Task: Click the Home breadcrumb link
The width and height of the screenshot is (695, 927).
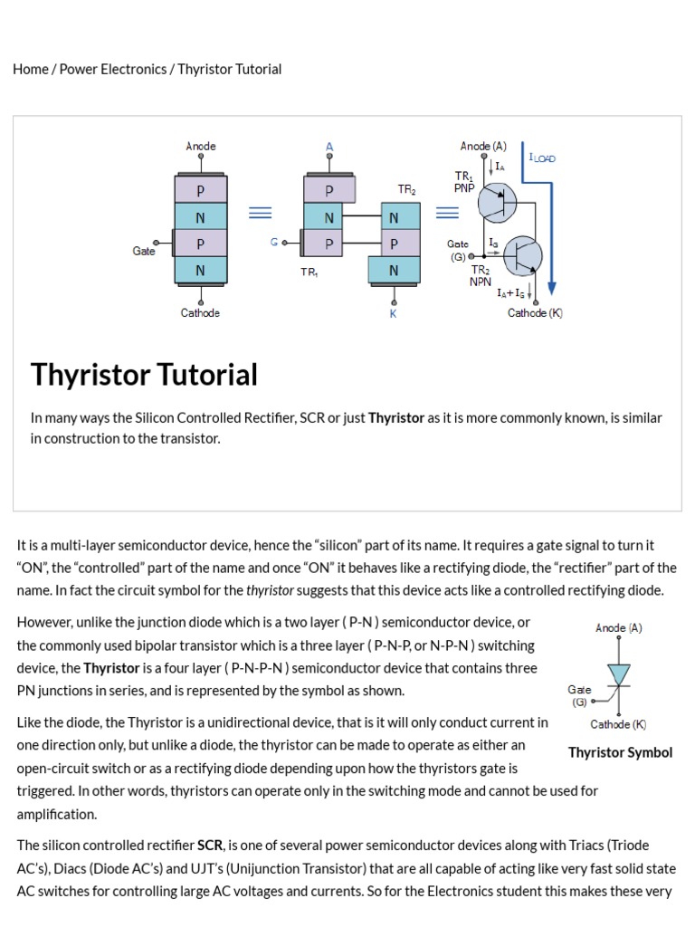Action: pyautogui.click(x=31, y=69)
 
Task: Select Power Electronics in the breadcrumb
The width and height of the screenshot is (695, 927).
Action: pyautogui.click(x=113, y=69)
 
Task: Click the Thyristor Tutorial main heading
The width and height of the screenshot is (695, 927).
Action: pyautogui.click(x=144, y=375)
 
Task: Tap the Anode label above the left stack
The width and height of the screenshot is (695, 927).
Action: pyautogui.click(x=201, y=146)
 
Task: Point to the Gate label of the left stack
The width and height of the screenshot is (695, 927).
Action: pyautogui.click(x=144, y=251)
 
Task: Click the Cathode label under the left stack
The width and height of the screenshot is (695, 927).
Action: pyautogui.click(x=200, y=313)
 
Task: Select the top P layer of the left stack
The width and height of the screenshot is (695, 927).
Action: pyautogui.click(x=200, y=191)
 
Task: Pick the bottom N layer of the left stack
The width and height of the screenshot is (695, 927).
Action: pyautogui.click(x=200, y=270)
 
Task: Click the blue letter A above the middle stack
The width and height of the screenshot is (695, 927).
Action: pyautogui.click(x=329, y=147)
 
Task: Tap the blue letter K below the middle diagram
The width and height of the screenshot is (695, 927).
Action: pyautogui.click(x=393, y=313)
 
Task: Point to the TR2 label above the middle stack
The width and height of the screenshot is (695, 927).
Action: pyautogui.click(x=406, y=190)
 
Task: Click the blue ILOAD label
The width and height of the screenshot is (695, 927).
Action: pyautogui.click(x=542, y=158)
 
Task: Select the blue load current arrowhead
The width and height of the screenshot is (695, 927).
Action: pyautogui.click(x=552, y=288)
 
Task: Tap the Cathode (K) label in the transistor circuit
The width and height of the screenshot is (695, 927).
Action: pyautogui.click(x=535, y=313)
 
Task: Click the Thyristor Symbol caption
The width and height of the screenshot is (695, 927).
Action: pyautogui.click(x=620, y=752)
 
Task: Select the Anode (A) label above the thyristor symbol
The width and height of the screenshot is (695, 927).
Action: pyautogui.click(x=619, y=627)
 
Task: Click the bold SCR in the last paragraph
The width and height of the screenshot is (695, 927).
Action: pyautogui.click(x=210, y=846)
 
